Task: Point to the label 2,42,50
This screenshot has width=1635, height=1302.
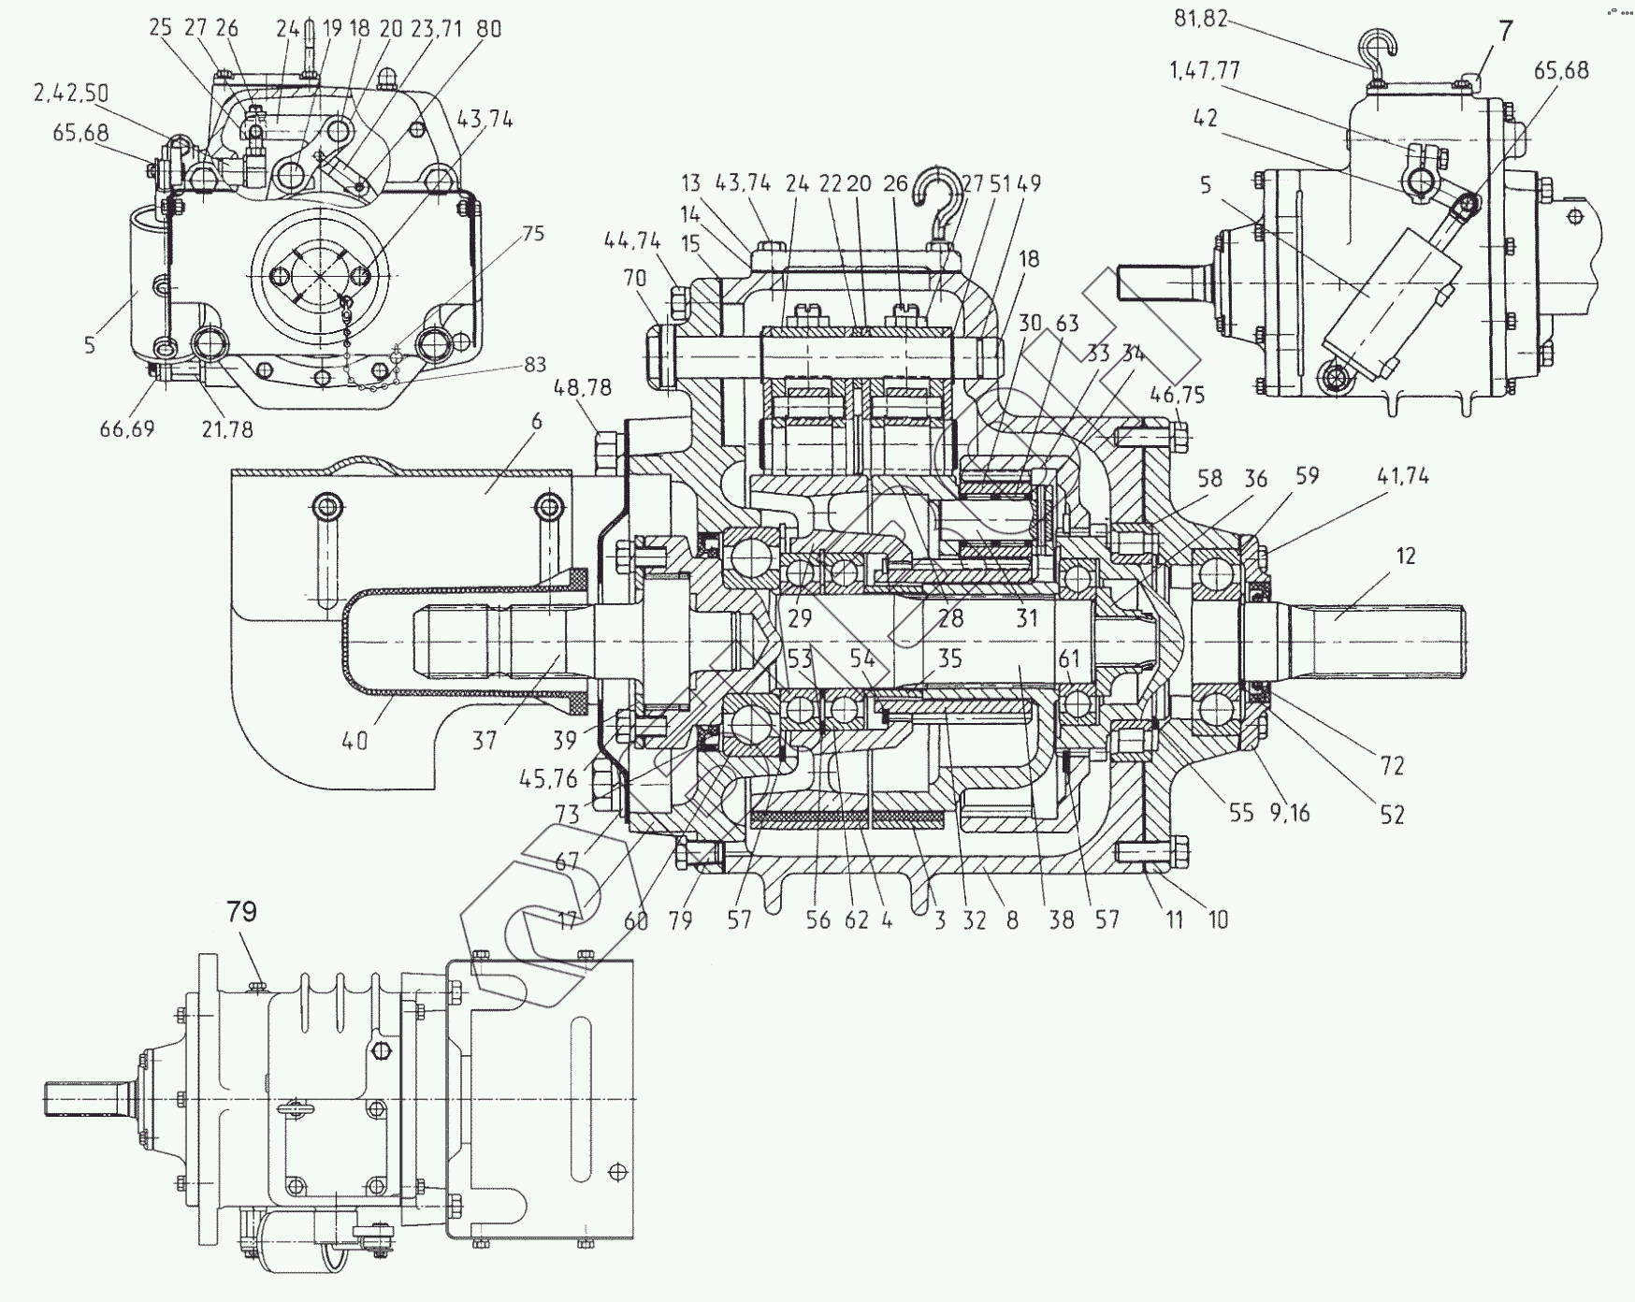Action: [x=71, y=92]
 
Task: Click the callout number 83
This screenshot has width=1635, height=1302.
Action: [x=536, y=365]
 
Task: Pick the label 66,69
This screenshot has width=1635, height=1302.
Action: [x=127, y=429]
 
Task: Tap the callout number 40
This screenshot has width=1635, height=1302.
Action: [x=355, y=741]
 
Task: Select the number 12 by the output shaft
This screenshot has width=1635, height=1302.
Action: [x=1405, y=557]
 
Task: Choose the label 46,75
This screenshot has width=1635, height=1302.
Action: [x=1177, y=395]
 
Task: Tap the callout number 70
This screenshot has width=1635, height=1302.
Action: [x=634, y=278]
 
